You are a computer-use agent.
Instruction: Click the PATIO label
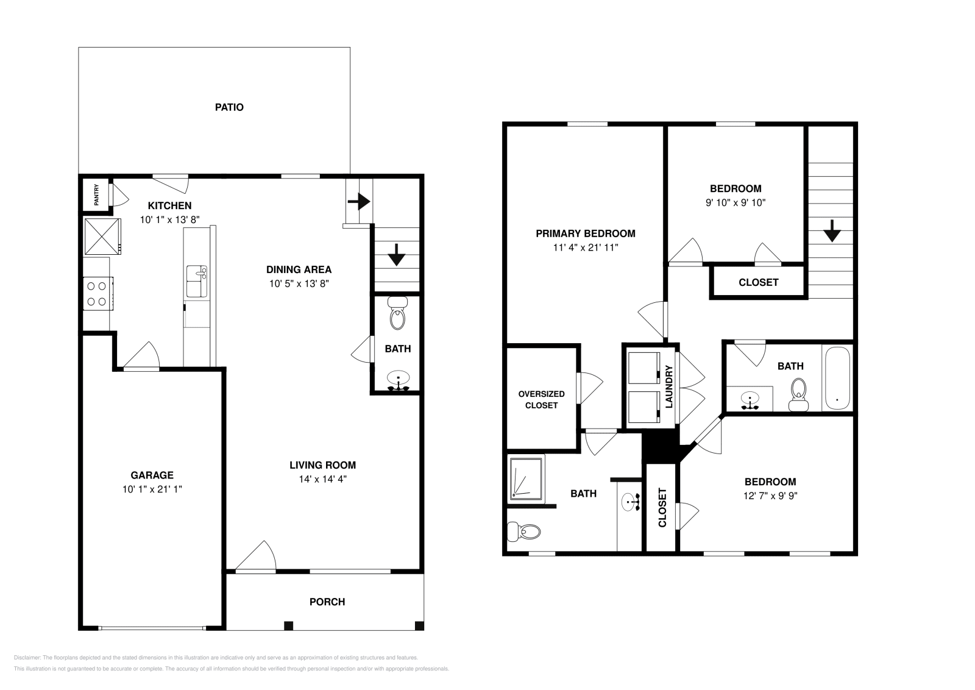pos(229,107)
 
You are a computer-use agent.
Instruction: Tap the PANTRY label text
pos(96,195)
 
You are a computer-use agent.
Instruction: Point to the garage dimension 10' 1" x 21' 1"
pos(152,489)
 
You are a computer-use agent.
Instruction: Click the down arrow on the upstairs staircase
pos(832,232)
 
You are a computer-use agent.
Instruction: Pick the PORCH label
pos(327,602)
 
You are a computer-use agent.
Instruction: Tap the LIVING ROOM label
pos(322,465)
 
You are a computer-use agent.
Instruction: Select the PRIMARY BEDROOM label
pos(585,233)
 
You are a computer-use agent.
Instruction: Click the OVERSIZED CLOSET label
pos(541,399)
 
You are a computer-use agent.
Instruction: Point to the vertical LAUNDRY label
pos(668,386)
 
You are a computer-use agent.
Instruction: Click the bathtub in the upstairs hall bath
pos(837,379)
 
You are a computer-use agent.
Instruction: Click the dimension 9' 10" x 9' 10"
pos(735,202)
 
